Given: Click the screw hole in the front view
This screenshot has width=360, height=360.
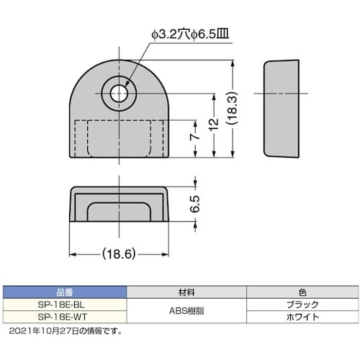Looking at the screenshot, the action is tap(119, 94).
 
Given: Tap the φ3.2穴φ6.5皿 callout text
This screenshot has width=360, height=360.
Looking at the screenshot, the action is tap(190, 35).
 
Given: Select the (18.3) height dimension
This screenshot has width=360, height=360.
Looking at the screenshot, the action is tap(232, 108).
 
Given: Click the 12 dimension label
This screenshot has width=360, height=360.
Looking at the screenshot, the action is tap(214, 125).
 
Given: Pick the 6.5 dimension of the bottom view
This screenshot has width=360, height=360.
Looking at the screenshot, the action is tap(194, 204).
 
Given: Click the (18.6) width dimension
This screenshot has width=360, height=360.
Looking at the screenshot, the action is tap(119, 253).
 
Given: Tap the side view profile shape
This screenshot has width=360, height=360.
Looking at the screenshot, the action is tap(282, 109).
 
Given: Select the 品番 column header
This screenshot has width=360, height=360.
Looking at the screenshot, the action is tap(65, 292).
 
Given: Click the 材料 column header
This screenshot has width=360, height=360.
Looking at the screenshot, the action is tap(186, 292).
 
